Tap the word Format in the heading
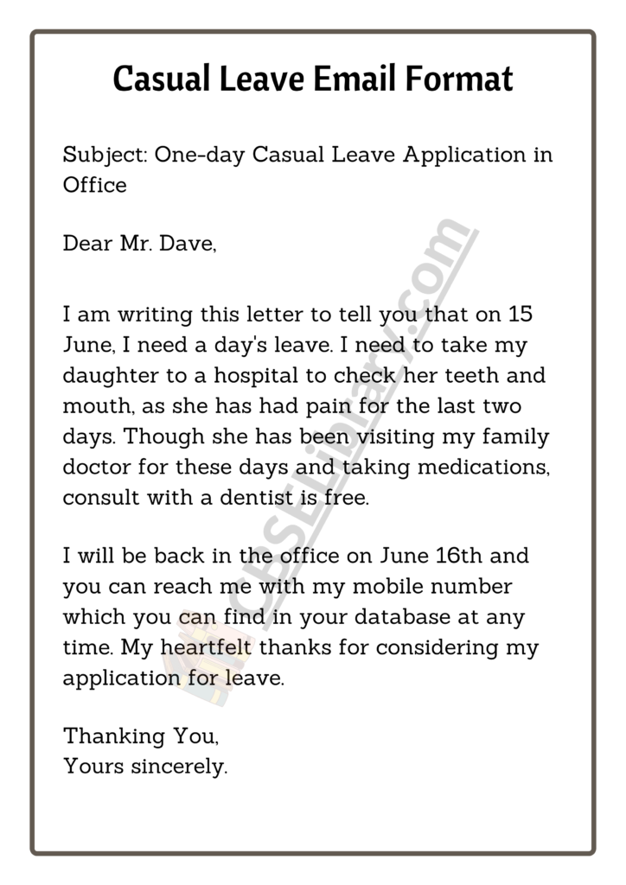pos(463,79)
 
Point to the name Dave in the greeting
pos(187,245)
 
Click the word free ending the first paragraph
pos(351,499)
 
